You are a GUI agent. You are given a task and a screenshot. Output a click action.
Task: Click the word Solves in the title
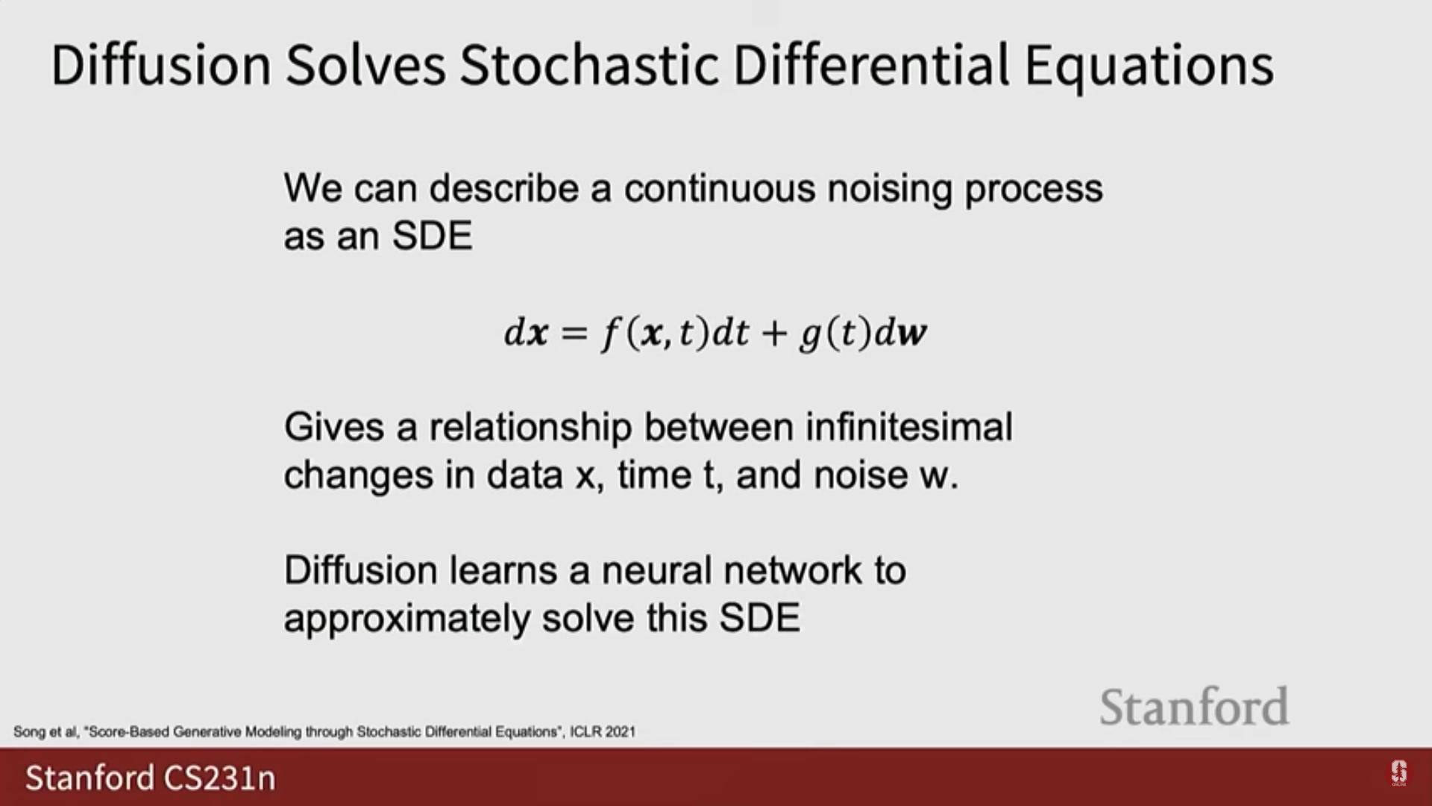[x=365, y=65]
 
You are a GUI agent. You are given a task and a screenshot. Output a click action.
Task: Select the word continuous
[x=720, y=188]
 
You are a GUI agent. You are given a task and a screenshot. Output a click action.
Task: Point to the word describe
[x=503, y=188]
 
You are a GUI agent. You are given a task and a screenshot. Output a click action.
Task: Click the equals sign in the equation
[x=574, y=334]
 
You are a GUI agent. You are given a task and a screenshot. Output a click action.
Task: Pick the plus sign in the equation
[x=775, y=334]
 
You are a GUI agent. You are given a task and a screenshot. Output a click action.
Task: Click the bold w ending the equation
[x=912, y=334]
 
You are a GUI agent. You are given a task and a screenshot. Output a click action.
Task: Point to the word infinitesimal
[x=909, y=427]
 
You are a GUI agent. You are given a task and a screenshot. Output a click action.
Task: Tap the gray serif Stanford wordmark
[x=1194, y=707]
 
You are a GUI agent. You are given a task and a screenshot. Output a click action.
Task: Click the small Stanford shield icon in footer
[x=1398, y=773]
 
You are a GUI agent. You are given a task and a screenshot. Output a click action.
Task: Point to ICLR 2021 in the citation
[x=603, y=732]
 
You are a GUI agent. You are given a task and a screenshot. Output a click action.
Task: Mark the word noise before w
[x=860, y=476]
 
